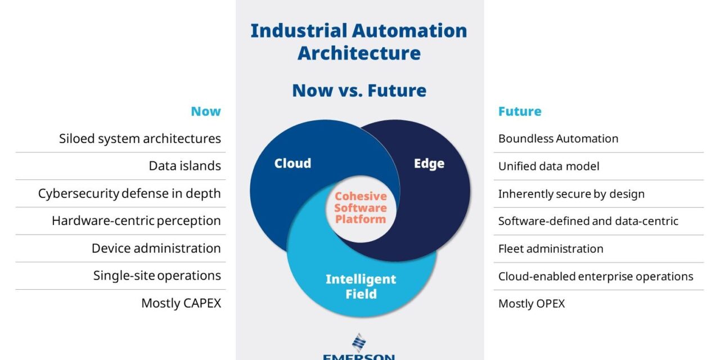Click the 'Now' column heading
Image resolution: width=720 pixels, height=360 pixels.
point(206,111)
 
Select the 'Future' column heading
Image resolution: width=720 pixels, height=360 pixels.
point(520,111)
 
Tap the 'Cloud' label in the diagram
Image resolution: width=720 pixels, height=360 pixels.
point(292,164)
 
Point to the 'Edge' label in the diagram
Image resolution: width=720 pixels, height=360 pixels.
point(429,164)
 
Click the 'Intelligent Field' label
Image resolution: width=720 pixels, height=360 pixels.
point(361,286)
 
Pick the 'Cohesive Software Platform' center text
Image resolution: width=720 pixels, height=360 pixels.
point(361,208)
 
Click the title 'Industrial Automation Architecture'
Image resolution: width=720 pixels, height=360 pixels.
point(359,42)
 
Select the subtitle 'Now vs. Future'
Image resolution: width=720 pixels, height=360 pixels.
point(359,91)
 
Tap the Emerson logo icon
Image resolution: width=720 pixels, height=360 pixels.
point(359,343)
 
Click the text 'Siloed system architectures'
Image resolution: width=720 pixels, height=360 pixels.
point(140,138)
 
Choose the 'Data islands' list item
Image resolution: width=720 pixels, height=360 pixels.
point(184,166)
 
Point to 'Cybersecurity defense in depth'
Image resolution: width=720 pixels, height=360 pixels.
point(129,193)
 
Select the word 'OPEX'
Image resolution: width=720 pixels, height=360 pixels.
point(548,304)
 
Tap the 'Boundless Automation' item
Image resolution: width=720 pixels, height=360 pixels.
point(558,138)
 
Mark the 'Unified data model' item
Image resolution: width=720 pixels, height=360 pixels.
point(548,166)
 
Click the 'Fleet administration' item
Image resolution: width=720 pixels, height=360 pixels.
point(551,249)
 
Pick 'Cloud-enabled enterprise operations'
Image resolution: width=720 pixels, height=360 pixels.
point(596,276)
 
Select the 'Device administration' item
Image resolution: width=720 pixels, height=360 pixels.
point(156,248)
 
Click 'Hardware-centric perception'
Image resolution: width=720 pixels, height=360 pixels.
point(136,220)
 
